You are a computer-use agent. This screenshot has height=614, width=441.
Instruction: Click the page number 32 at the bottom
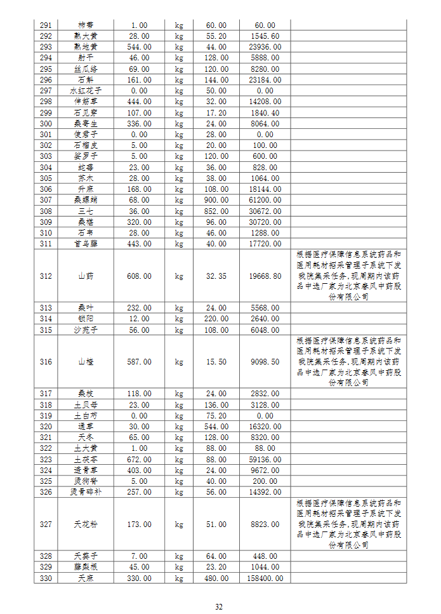tap(219, 607)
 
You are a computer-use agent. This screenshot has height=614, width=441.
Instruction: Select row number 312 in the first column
tap(46, 276)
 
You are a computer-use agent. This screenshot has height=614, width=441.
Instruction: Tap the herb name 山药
tap(86, 276)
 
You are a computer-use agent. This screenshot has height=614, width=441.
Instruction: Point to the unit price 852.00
tap(217, 211)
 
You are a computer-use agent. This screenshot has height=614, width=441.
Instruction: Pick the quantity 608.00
tap(139, 276)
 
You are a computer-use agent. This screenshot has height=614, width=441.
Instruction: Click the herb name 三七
tap(86, 211)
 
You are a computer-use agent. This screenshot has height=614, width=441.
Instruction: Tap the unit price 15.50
tap(217, 362)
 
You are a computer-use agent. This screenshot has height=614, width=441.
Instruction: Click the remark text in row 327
tap(348, 524)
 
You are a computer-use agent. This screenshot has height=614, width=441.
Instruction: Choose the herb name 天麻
tap(86, 578)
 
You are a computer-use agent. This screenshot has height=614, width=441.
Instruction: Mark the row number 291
tap(46, 25)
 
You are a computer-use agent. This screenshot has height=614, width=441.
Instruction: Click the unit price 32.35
tap(217, 276)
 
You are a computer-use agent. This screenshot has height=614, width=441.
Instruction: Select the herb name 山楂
tap(86, 362)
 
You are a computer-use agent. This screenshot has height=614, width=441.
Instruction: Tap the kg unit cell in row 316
tap(179, 362)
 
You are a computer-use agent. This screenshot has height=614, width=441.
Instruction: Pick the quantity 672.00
tap(139, 458)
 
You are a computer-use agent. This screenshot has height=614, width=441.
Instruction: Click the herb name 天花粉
tap(86, 524)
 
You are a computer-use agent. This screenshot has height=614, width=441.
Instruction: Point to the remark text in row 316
tap(348, 362)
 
